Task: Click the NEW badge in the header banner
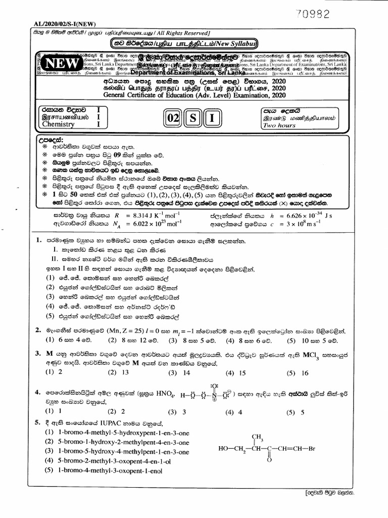[62, 64]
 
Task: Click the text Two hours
[279, 125]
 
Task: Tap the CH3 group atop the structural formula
[258, 437]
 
